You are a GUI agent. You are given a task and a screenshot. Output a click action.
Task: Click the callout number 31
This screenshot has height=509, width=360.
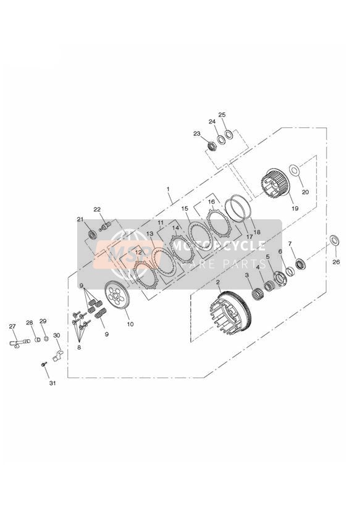pyautogui.click(x=52, y=383)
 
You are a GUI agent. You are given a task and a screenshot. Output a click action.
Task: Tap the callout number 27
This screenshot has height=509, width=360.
pyautogui.click(x=12, y=327)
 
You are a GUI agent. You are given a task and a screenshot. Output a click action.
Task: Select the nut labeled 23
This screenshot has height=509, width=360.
pyautogui.click(x=212, y=145)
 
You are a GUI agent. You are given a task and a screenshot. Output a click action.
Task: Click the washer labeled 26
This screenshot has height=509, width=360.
pyautogui.click(x=335, y=240)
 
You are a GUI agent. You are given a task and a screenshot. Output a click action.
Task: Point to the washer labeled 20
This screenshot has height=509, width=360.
pyautogui.click(x=294, y=169)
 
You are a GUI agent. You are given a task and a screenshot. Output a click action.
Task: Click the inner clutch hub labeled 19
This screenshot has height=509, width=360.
pyautogui.click(x=275, y=183)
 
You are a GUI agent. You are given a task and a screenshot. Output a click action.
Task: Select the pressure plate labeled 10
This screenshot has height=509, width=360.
pyautogui.click(x=117, y=295)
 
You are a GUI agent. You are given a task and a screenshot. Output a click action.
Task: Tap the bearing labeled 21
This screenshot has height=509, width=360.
pyautogui.click(x=93, y=234)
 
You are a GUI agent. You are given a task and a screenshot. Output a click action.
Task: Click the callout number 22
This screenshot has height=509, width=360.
pyautogui.click(x=98, y=209)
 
